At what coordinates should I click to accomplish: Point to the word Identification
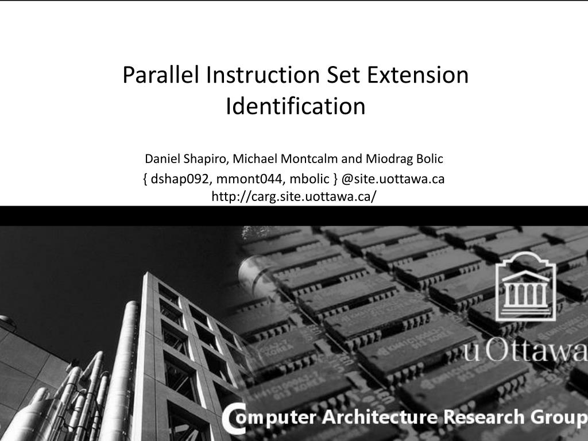(x=296, y=106)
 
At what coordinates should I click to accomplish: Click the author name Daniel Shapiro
(x=186, y=159)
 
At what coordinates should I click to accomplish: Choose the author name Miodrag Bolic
(x=404, y=159)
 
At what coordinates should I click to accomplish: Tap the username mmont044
(x=249, y=179)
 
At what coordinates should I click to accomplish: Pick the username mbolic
(x=310, y=179)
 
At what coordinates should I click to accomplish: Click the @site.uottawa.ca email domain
(x=393, y=179)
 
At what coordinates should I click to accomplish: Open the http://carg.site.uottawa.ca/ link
(x=293, y=196)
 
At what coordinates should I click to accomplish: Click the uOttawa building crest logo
(x=526, y=286)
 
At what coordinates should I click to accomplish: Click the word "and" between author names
(x=351, y=159)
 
